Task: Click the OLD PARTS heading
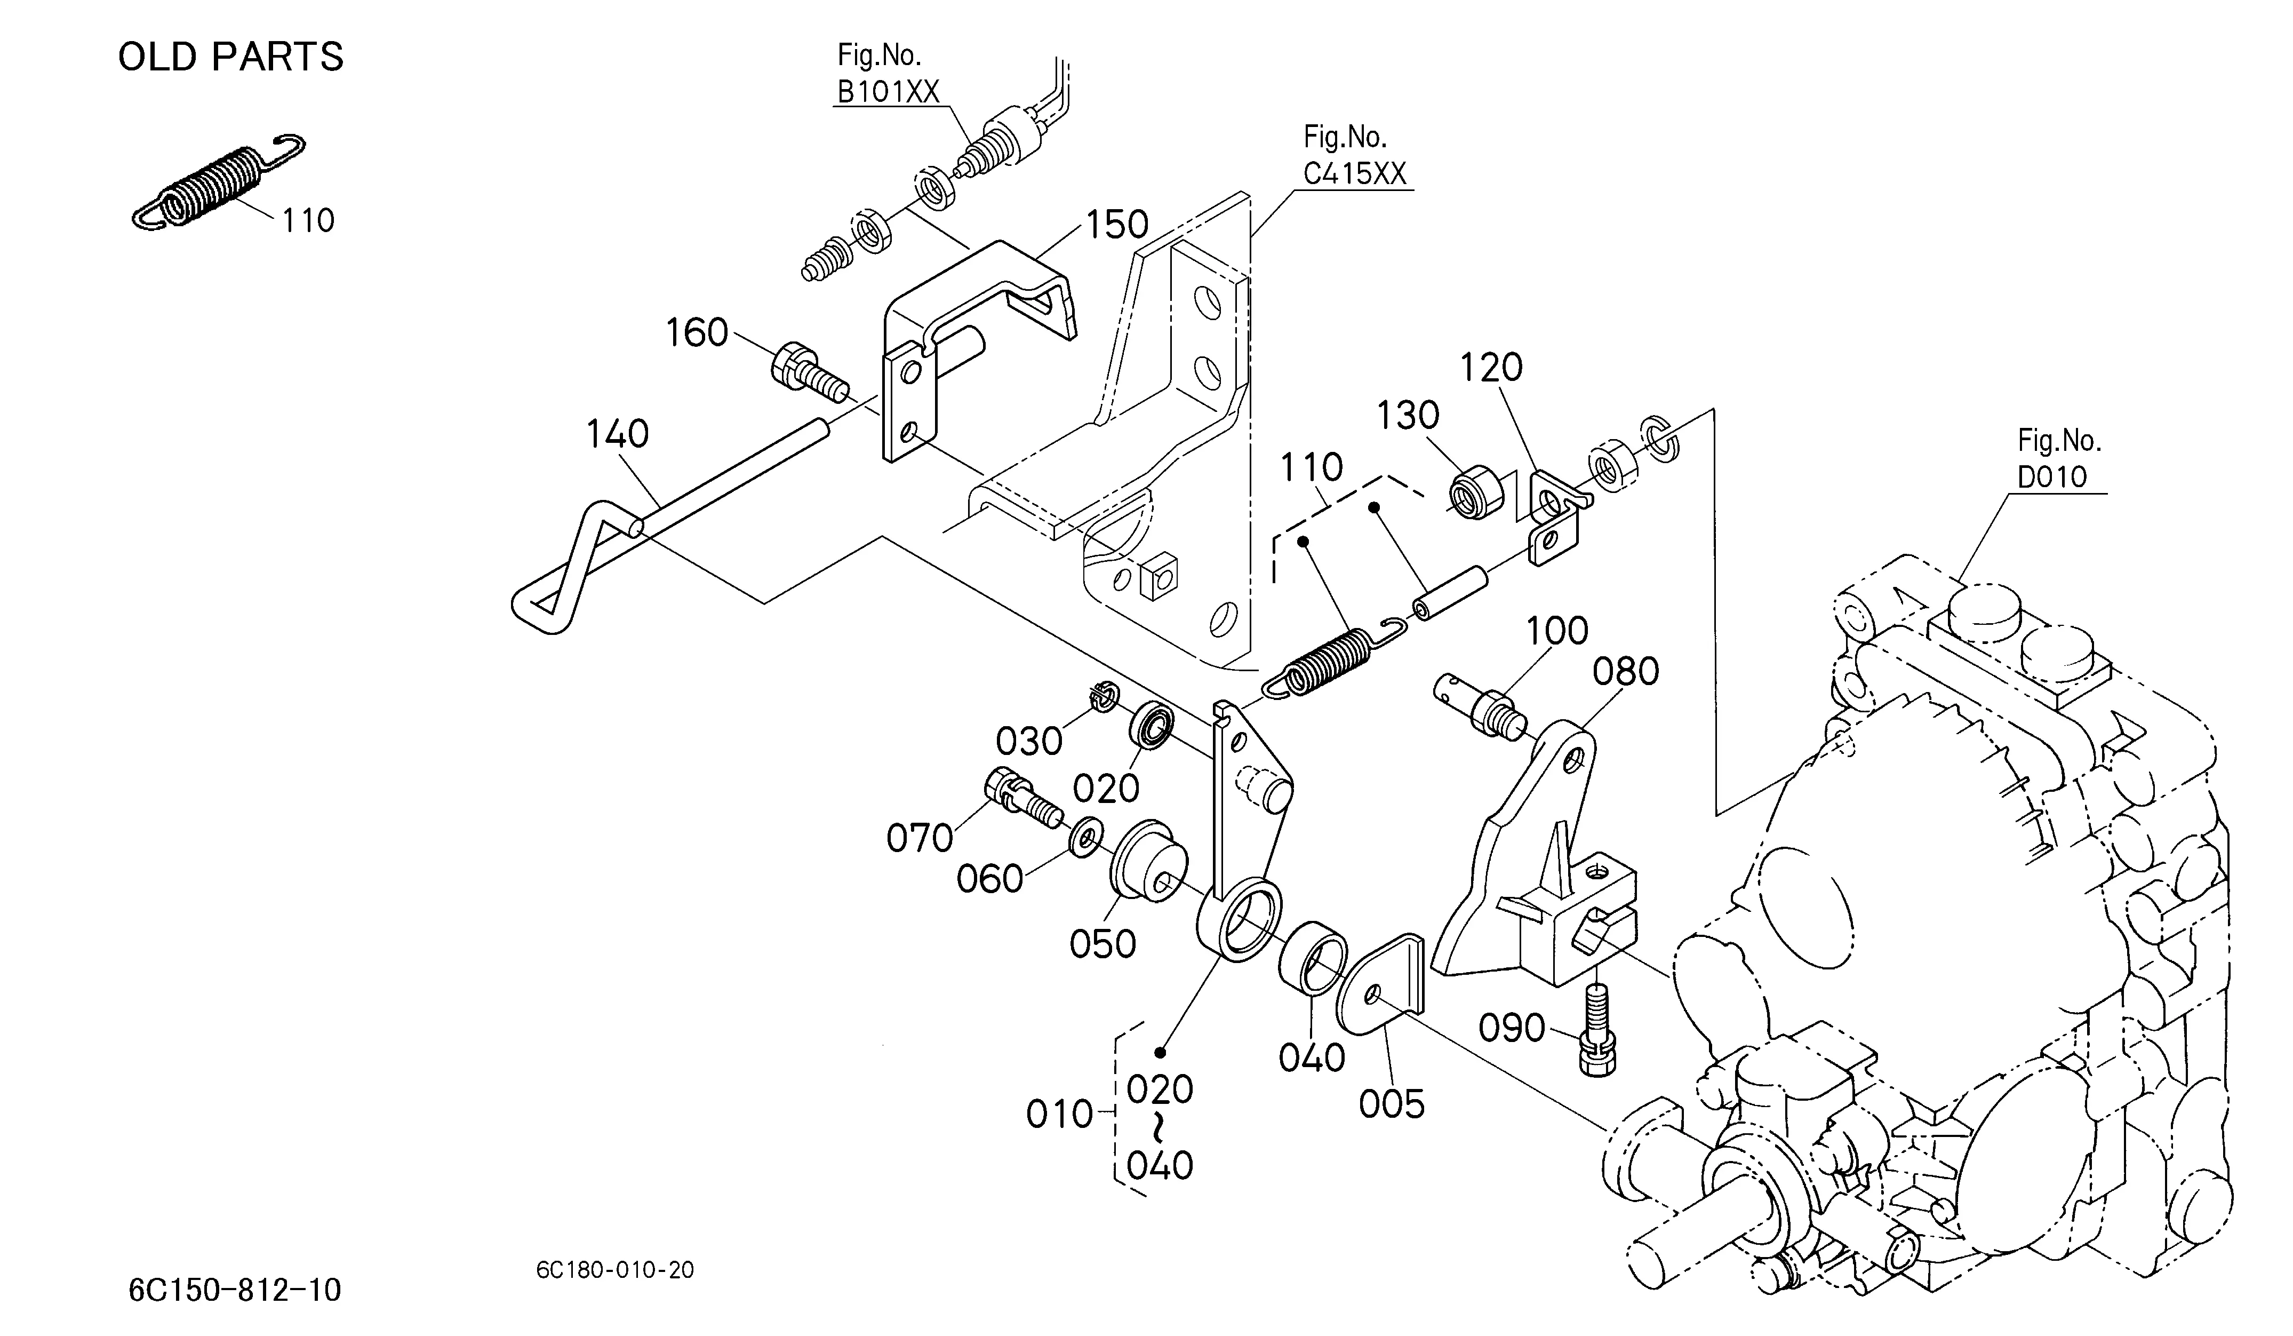point(231,57)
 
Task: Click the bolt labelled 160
point(810,373)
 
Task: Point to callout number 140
point(617,434)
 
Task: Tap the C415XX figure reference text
point(1355,173)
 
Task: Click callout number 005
point(1391,1105)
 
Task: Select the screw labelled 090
point(1597,1032)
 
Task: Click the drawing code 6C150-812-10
point(235,1290)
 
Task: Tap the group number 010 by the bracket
point(1059,1114)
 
